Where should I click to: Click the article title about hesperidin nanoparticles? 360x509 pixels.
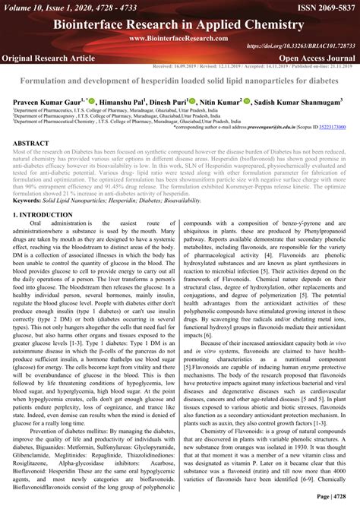point(180,80)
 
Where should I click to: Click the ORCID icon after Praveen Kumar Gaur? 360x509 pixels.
point(92,100)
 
